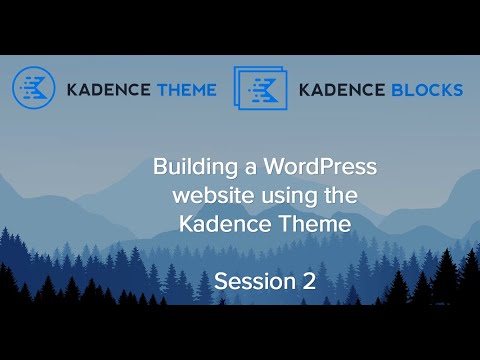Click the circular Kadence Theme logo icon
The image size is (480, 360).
tap(33, 88)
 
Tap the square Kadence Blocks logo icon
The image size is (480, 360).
tap(260, 88)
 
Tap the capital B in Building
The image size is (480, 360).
tap(160, 166)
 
